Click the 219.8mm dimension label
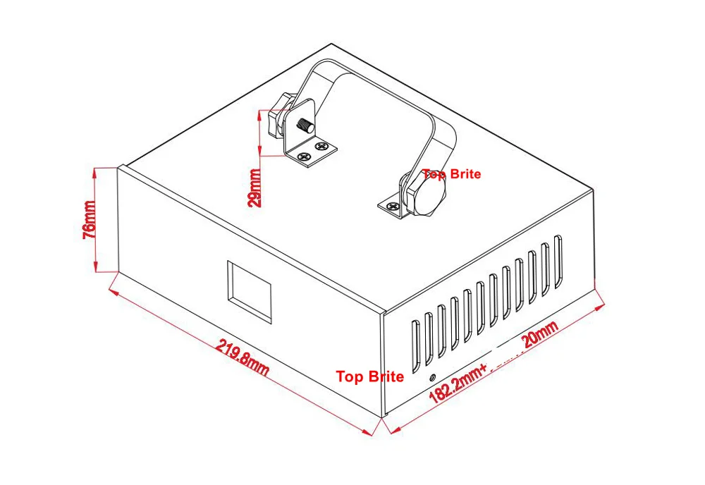click(x=243, y=357)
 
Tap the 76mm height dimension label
click(x=89, y=220)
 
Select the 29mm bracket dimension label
click(x=254, y=188)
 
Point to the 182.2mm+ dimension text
click(x=458, y=383)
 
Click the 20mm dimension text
click(x=541, y=334)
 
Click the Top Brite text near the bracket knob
click(x=451, y=174)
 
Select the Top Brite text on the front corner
click(x=370, y=376)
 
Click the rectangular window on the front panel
click(x=249, y=292)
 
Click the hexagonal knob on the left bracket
click(x=278, y=116)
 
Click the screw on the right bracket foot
click(x=393, y=207)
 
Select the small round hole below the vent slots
click(x=433, y=377)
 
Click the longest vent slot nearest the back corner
click(x=558, y=262)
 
